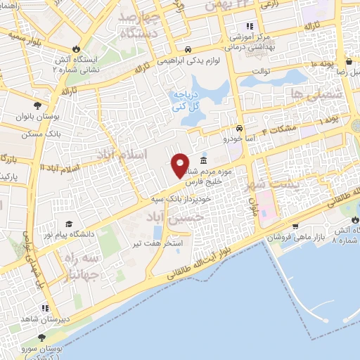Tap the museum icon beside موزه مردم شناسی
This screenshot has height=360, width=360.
click(204, 162)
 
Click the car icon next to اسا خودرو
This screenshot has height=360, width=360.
click(240, 129)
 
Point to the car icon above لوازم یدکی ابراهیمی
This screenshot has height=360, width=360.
click(188, 49)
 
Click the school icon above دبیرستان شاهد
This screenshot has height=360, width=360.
click(44, 308)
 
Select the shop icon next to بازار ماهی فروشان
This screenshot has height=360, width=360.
click(295, 226)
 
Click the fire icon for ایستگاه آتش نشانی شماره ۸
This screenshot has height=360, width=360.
click(354, 219)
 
